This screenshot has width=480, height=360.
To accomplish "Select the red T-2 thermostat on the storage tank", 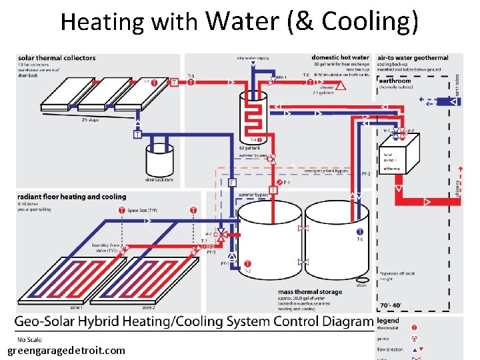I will (247, 264).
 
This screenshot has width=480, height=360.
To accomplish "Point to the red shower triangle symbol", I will (342, 86).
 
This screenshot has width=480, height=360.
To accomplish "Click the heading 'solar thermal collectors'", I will (57, 58).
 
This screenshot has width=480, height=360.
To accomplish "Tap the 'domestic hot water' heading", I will (340, 57).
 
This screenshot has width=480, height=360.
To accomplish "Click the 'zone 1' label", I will (76, 307).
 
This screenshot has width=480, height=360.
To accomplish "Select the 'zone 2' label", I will (148, 307).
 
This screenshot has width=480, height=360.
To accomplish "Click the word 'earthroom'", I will (395, 79).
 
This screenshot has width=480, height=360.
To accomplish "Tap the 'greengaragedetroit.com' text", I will (66, 350).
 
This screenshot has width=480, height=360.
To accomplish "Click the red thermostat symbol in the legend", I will (415, 327).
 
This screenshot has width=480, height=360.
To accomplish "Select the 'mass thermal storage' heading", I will (310, 292).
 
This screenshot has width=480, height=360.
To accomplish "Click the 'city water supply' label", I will (253, 58).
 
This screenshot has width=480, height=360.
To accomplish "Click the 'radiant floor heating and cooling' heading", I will (71, 197).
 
